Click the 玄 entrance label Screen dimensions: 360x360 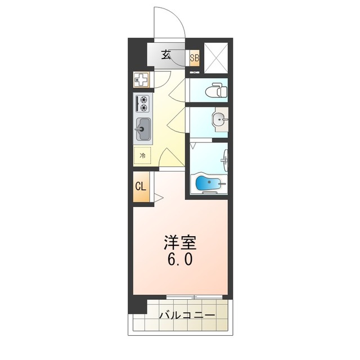coord(166,55)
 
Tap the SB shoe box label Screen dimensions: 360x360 coord(194,58)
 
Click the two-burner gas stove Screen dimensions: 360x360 coord(142,104)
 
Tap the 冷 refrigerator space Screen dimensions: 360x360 coord(142,155)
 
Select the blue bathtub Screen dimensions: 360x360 coord(208,183)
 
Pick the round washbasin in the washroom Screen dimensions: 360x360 coord(219,118)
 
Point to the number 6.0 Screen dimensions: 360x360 coord(180,260)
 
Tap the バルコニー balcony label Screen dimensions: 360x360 coord(187,316)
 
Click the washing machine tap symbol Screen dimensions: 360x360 coord(142,80)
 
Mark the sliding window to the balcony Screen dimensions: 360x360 coord(194,296)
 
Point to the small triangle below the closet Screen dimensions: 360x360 coord(159,197)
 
